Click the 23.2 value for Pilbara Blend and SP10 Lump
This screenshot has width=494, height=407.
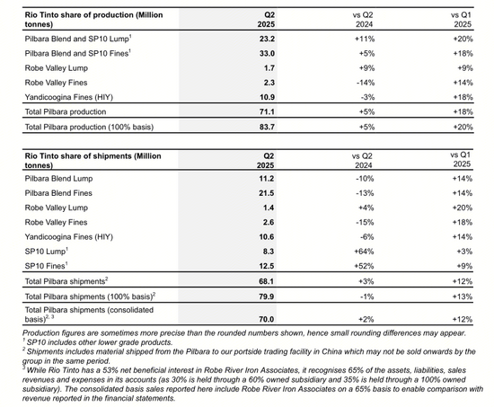(267, 39)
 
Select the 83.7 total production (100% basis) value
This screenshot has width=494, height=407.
(267, 127)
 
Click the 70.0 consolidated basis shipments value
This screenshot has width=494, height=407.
(266, 319)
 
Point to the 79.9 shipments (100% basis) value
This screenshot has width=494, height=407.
(266, 296)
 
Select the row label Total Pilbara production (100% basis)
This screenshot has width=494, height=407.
(89, 127)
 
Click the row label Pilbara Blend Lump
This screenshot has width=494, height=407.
(58, 179)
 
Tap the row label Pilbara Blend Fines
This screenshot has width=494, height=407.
(58, 193)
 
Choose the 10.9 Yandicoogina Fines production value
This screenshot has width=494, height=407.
(267, 97)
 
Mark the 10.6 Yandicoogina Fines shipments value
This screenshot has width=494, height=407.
(266, 237)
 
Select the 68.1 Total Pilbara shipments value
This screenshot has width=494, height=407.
(266, 281)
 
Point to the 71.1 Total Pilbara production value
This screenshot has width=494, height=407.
(267, 111)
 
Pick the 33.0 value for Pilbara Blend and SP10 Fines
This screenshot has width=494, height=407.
(267, 53)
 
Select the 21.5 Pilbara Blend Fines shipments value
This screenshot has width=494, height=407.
(266, 193)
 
